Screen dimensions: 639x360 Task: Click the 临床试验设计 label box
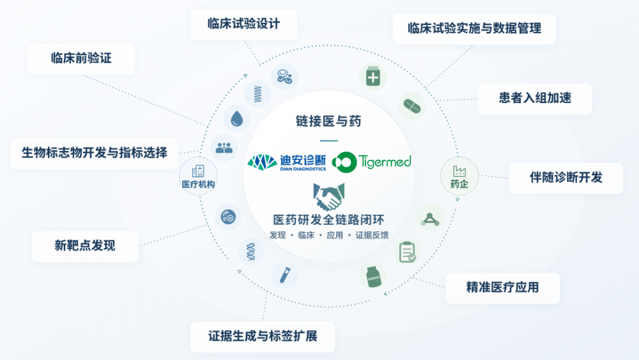(243, 24)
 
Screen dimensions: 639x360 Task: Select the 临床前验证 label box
(81, 59)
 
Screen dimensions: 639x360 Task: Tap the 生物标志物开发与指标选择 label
(95, 153)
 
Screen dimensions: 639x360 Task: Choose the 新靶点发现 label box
(85, 246)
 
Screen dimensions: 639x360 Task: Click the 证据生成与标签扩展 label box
(263, 337)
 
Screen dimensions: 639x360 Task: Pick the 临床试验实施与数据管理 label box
(474, 29)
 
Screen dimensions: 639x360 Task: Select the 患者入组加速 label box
(535, 98)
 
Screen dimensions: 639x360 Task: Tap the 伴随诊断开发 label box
(566, 178)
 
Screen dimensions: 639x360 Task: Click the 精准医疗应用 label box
(502, 288)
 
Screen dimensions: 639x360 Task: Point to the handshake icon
(329, 196)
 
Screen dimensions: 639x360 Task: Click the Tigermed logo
(372, 162)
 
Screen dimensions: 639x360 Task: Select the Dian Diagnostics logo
(287, 162)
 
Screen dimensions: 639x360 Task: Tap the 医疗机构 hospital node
(199, 176)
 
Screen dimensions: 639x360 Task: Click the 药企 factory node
(459, 176)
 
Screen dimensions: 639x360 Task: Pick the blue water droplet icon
(237, 119)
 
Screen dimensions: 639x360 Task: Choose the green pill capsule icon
(412, 106)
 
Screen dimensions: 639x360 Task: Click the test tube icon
(285, 275)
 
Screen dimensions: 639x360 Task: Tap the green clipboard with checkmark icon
(407, 251)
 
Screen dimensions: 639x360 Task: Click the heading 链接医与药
(328, 121)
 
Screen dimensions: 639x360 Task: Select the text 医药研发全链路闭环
(328, 220)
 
